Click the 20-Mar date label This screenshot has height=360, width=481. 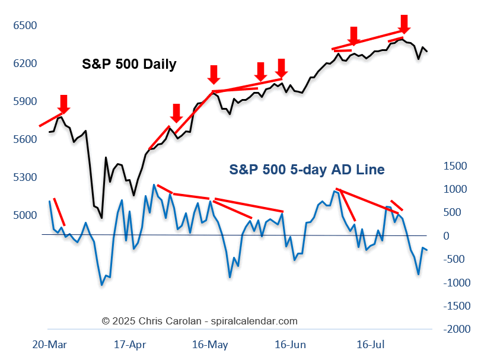[x=49, y=344]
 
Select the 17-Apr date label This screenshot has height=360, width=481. [x=129, y=344]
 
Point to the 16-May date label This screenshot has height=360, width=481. [x=210, y=344]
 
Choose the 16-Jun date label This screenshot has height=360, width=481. [x=291, y=344]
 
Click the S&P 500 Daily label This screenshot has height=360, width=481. [x=129, y=64]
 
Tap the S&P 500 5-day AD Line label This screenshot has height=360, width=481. [x=307, y=170]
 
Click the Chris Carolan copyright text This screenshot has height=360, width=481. [x=199, y=321]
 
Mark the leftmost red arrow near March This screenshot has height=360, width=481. [x=64, y=103]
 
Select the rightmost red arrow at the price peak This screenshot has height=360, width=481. [x=404, y=24]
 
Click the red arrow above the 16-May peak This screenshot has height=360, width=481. [x=214, y=74]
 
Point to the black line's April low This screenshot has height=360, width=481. [x=101, y=218]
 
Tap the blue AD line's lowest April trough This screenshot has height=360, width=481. [x=101, y=285]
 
